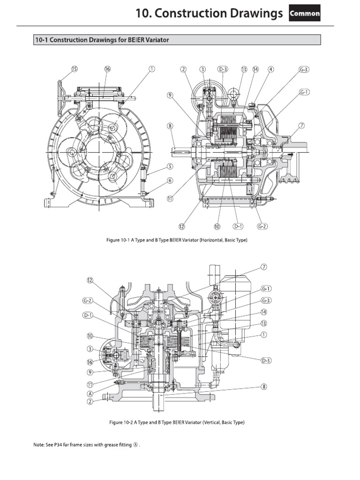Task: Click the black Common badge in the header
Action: (305, 14)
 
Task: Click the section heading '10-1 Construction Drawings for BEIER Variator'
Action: (102, 40)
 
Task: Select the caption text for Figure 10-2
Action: (177, 422)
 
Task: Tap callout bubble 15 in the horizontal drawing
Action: (74, 69)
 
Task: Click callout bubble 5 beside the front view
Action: (170, 166)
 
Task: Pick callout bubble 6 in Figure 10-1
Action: (170, 180)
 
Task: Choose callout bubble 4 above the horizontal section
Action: (270, 69)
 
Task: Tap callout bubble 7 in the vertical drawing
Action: (264, 267)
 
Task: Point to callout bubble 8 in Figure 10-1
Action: (170, 126)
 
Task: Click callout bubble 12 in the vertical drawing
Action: (90, 280)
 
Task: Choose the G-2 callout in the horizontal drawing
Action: (262, 226)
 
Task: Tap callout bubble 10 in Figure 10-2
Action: (90, 336)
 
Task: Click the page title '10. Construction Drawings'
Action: (209, 14)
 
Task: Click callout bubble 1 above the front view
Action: (151, 69)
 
